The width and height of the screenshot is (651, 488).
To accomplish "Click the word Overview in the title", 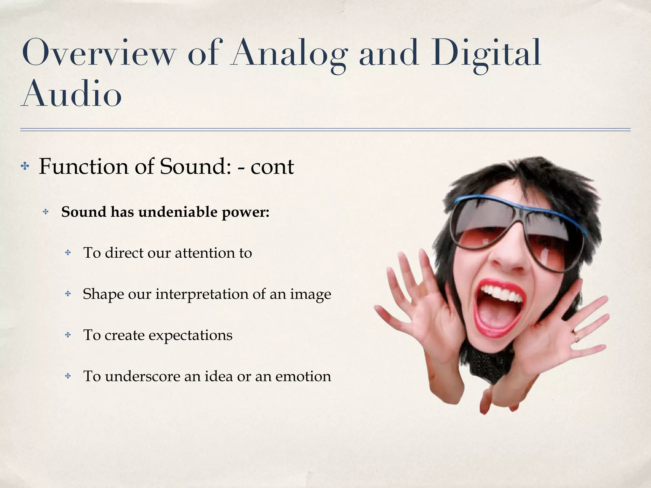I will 99,52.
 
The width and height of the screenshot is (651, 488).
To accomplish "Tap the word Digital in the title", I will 486,52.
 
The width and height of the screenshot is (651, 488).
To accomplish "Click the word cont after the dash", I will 272,167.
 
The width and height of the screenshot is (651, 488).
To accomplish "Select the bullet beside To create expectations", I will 68,335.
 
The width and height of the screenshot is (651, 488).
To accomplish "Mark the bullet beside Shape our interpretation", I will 68,294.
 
